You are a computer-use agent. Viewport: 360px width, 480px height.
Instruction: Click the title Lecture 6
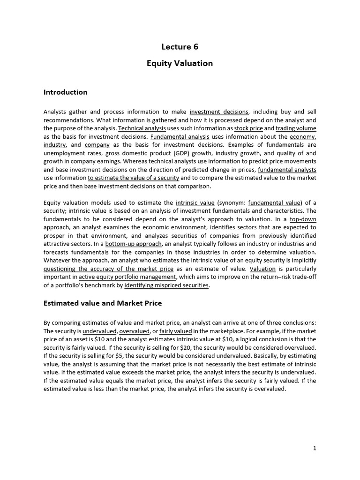180,46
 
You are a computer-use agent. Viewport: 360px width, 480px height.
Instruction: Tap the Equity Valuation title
180,63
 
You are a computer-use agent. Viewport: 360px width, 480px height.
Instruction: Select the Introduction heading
65,92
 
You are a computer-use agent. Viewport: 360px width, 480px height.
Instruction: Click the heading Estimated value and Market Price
103,303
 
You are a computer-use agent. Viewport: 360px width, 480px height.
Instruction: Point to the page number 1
315,448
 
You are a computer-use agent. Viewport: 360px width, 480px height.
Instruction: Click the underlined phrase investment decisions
219,112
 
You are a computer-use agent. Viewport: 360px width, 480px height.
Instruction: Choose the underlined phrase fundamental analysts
287,169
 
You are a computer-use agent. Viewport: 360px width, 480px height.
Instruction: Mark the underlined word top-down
303,219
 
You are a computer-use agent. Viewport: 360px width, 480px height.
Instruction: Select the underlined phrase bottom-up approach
134,244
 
